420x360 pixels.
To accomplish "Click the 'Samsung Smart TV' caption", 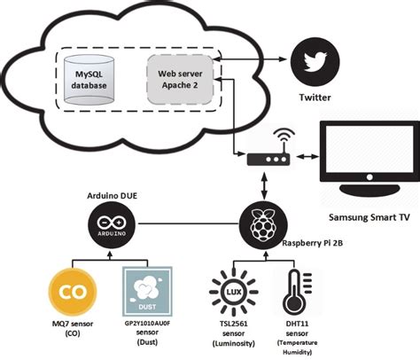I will [x=367, y=218].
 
